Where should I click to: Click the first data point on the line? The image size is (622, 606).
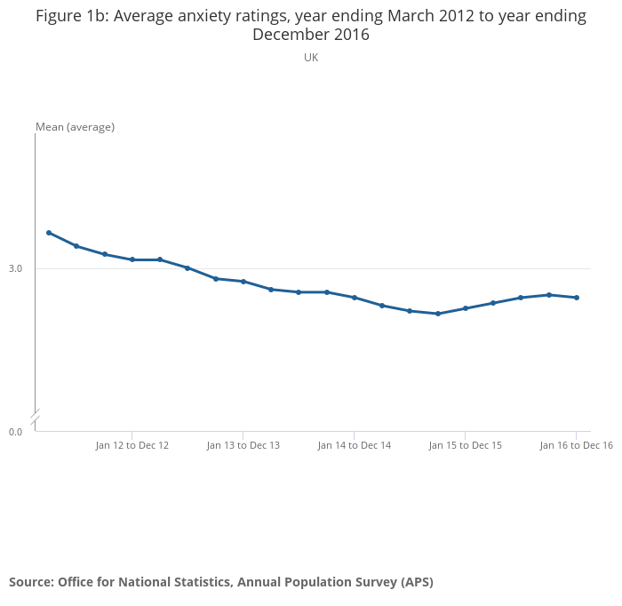click(x=49, y=233)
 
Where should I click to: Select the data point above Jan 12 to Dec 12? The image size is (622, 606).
click(x=132, y=259)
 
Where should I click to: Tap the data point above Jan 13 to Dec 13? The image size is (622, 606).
click(x=243, y=282)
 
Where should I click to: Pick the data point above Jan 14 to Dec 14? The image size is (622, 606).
click(x=355, y=298)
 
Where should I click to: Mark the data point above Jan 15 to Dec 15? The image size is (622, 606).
click(x=466, y=308)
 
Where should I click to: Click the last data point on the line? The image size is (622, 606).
click(x=577, y=298)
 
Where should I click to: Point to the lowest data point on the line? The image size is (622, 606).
click(x=438, y=314)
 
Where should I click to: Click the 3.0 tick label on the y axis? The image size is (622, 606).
click(x=16, y=268)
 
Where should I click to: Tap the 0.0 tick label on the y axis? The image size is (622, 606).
click(x=16, y=432)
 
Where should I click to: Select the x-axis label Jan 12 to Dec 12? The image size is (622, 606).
click(x=132, y=445)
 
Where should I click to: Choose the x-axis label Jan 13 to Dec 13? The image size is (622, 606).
click(x=243, y=445)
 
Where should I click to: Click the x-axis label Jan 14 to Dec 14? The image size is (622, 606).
click(x=355, y=445)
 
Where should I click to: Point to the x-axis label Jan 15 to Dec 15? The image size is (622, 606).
click(x=466, y=445)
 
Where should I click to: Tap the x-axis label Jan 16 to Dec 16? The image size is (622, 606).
click(x=577, y=445)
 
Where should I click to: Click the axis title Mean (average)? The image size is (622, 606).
click(x=76, y=127)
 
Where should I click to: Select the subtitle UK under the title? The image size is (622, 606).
click(x=311, y=58)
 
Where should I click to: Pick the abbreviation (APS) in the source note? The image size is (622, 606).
click(x=417, y=582)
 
